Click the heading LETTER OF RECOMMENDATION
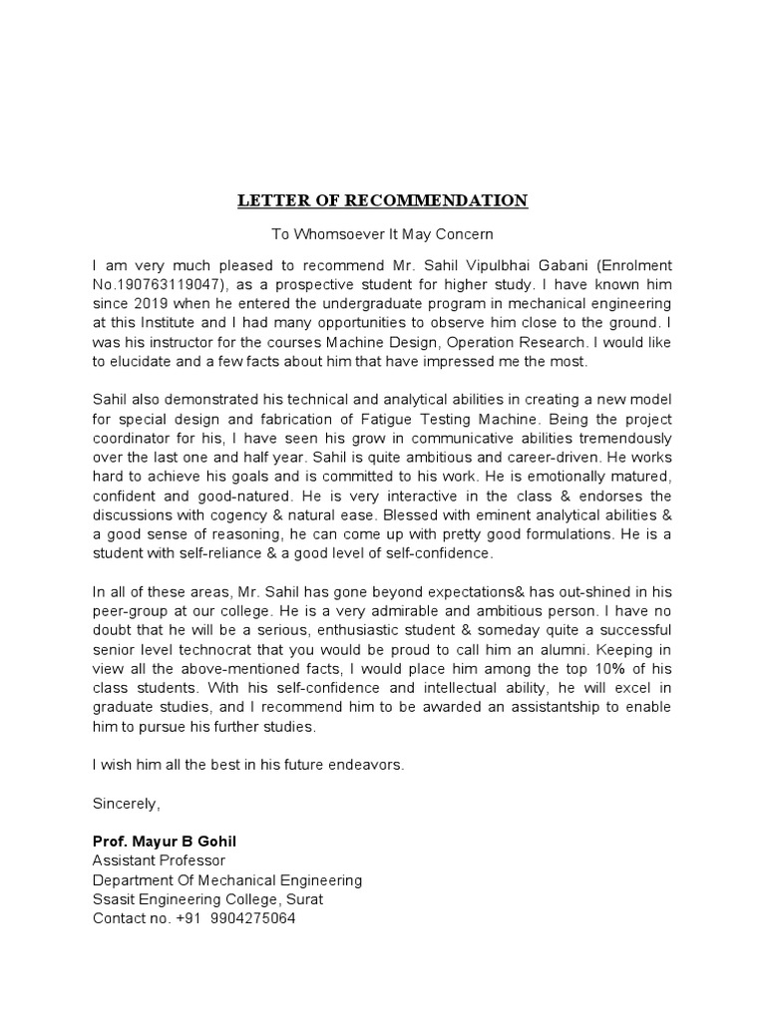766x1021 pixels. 383,200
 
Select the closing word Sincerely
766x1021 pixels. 126,803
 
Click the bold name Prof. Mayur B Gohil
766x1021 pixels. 165,842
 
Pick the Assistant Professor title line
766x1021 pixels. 159,860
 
